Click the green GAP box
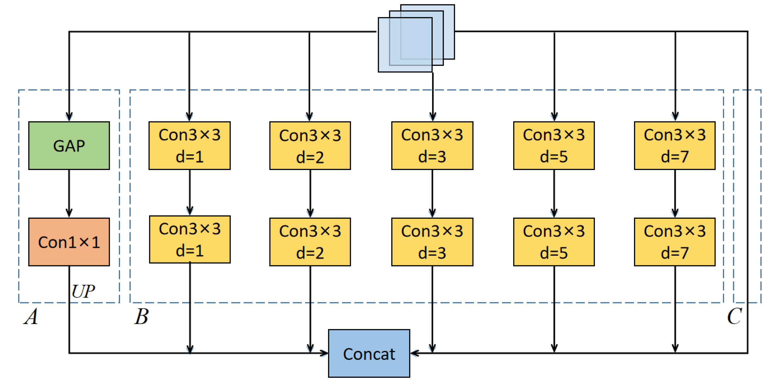click(x=69, y=146)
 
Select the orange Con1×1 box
click(x=69, y=242)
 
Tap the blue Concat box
click(x=369, y=353)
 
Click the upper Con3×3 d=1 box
click(x=190, y=146)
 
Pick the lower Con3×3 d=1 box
click(x=190, y=239)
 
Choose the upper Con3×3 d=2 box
click(x=310, y=146)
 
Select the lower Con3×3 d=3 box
click(x=432, y=242)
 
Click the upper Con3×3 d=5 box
click(x=554, y=146)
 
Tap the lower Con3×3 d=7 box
click(x=675, y=242)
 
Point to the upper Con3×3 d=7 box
click(x=675, y=146)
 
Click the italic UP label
click(x=83, y=291)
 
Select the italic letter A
click(x=31, y=316)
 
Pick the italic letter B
click(x=142, y=316)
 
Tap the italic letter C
click(x=734, y=316)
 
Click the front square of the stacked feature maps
click(x=405, y=45)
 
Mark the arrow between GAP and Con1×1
click(x=69, y=194)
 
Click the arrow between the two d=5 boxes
click(x=554, y=194)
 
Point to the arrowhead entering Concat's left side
click(x=324, y=353)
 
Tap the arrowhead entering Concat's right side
click(x=414, y=353)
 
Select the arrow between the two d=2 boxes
click(x=310, y=194)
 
